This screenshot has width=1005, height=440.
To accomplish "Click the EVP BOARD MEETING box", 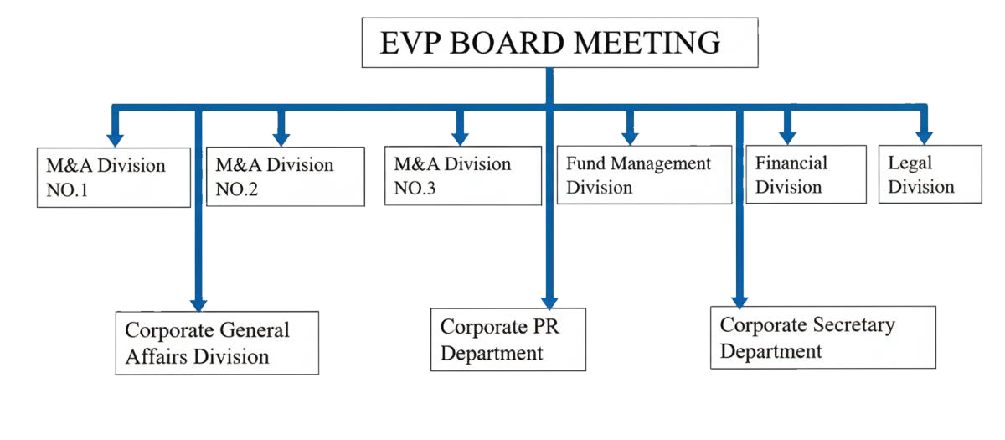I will point(559,43).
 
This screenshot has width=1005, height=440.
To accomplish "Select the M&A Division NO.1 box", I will point(114,178).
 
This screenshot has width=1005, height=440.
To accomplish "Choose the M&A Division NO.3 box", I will point(461,176).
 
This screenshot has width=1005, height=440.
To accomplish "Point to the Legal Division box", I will point(929,174).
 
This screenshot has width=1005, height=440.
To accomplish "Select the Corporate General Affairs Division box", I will point(217,343).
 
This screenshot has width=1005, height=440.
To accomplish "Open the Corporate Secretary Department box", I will point(822,337).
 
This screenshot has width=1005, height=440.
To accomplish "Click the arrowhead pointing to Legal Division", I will point(923,136).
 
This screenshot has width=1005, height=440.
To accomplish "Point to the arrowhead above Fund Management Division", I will point(630,136).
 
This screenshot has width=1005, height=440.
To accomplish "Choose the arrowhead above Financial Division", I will point(787,136).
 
